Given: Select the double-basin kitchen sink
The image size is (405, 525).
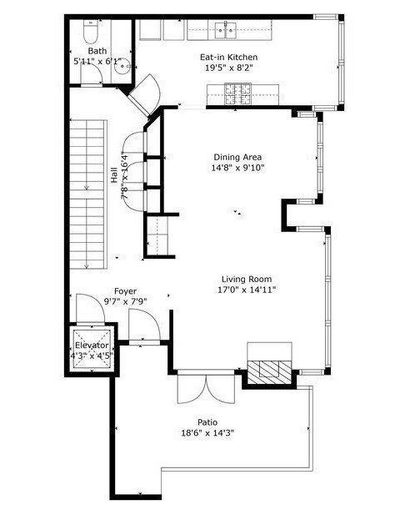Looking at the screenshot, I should pos(226,32).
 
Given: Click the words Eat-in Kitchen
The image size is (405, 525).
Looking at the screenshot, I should pos(228,57).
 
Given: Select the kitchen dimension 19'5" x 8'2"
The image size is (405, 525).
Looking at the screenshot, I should pos(228,68).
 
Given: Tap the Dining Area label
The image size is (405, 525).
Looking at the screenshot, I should pos(238,157).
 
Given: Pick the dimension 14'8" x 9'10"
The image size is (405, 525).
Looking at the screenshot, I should pos(238,169).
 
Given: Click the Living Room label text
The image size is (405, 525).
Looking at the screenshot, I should pos(246,279).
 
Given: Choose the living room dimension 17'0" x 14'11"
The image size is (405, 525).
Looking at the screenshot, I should pos(246,290).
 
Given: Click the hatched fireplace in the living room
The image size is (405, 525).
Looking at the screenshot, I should pos(270,367).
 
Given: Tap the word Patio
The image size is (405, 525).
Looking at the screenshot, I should pos(208,422).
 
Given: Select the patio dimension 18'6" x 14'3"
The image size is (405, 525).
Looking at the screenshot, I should pos(208,433).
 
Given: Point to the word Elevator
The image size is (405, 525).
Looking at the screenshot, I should pos(91,345).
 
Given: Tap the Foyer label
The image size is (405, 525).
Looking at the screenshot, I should pos(126,290).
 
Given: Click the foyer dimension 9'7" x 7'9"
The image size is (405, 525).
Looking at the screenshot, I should pos(126,301).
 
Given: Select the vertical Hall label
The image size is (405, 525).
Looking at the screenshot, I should pos(113,175).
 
